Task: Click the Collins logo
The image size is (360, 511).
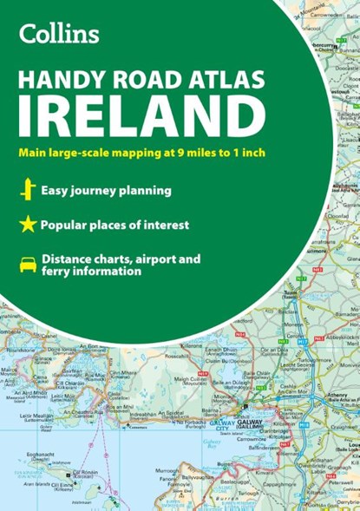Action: click(x=59, y=34)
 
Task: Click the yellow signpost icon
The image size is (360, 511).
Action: click(x=27, y=190)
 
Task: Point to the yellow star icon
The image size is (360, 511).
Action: click(x=27, y=226)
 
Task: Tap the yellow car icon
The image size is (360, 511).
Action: click(x=27, y=264)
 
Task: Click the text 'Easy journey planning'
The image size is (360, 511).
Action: click(x=107, y=190)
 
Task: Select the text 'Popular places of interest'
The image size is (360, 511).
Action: click(x=114, y=226)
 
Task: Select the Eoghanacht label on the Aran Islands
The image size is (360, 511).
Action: click(x=43, y=454)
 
